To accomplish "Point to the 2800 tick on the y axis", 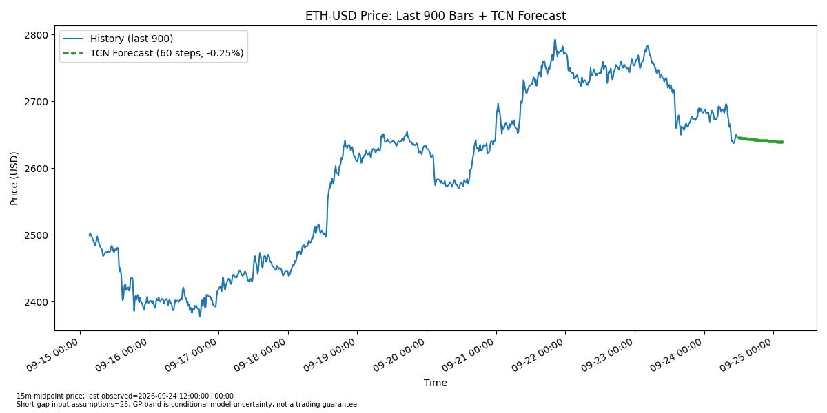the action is pos(36,35).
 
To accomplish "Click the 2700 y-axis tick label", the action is pos(36,102).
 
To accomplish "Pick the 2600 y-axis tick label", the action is pos(36,169).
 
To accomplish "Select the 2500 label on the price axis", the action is pos(36,235).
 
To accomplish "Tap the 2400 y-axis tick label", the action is pos(36,302).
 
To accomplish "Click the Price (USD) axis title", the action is pos(14,178).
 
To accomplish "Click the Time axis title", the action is pos(436,383).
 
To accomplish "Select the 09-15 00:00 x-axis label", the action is pos(52,355).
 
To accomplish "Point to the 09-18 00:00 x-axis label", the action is pos(261,355).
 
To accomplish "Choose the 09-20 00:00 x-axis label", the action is pos(399,355).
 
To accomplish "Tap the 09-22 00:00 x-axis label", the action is pos(538,355).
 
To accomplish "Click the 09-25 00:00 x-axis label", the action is pos(746,355).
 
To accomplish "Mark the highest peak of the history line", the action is pos(555,40).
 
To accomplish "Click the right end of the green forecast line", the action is pos(782,142).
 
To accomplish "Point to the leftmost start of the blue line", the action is pos(90,235).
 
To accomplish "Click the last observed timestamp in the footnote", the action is pos(185,396).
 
